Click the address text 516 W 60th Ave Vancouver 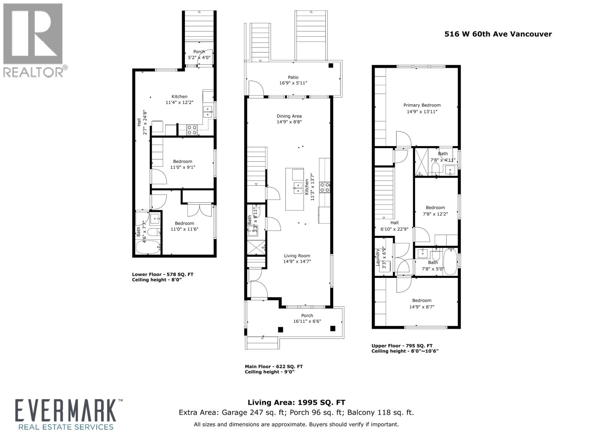(498, 34)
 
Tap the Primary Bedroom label (422, 105)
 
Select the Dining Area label (289, 116)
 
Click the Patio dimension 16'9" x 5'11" (293, 83)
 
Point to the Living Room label (297, 256)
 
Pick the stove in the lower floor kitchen (192, 129)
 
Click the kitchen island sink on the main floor (298, 188)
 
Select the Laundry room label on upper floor (378, 258)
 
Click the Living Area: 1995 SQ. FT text (296, 403)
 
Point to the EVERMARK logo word (65, 415)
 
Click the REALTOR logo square (33, 34)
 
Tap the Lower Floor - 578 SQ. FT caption (162, 275)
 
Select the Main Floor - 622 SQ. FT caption (274, 367)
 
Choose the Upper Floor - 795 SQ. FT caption (402, 346)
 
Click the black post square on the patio (331, 66)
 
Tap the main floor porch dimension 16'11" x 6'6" (307, 321)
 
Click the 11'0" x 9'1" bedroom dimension (182, 167)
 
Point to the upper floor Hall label (394, 223)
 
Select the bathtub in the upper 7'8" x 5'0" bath (451, 262)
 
